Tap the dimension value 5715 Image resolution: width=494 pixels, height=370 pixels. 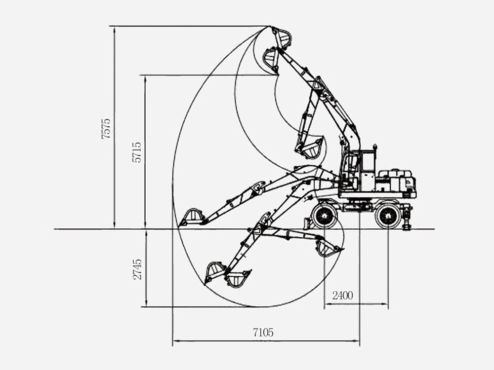click(x=137, y=152)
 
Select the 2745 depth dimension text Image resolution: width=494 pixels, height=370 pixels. click(x=138, y=269)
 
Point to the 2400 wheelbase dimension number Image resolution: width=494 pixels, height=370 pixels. click(x=342, y=296)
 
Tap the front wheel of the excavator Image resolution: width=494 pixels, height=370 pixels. click(x=324, y=216)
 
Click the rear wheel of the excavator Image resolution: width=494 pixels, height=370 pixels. click(x=388, y=216)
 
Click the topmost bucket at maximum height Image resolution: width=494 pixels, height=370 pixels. click(x=282, y=37)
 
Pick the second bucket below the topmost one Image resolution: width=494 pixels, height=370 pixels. click(x=271, y=59)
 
